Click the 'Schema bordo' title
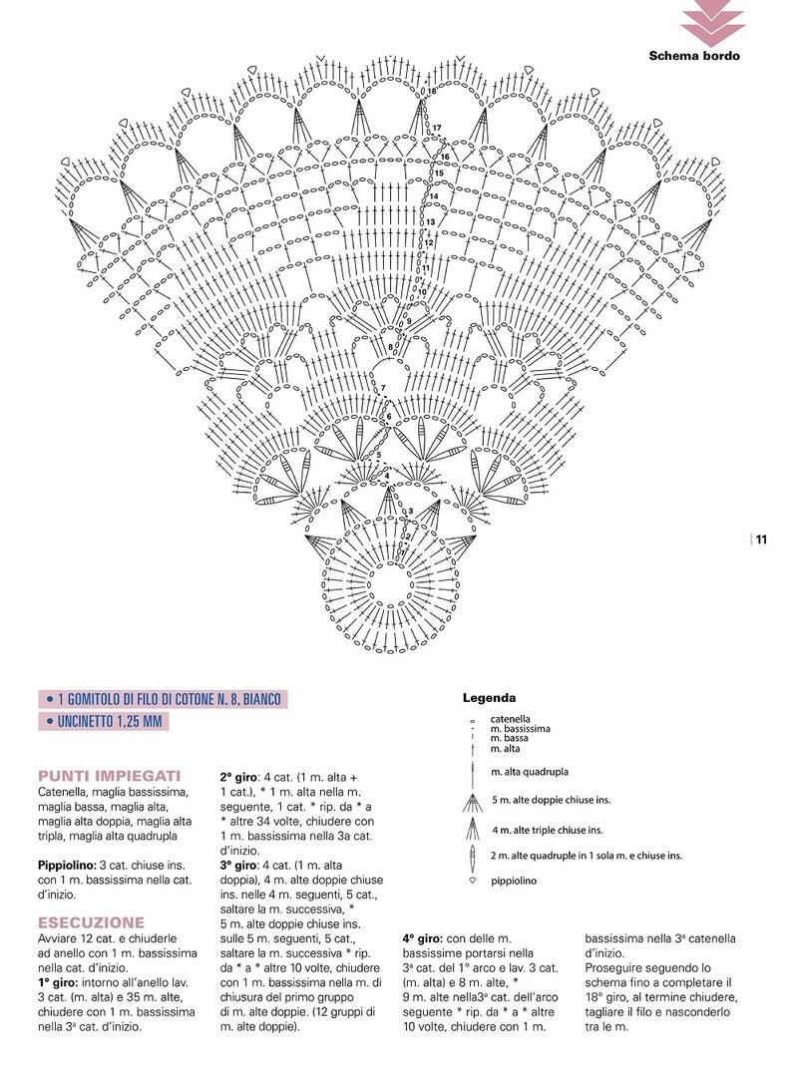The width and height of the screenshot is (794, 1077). (694, 56)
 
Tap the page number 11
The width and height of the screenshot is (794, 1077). (761, 540)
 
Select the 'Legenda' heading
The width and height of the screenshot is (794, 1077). (489, 698)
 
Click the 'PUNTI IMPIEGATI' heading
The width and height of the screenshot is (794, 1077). (109, 775)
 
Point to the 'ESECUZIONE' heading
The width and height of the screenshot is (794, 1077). (91, 922)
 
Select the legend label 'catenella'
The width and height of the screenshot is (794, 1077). (510, 718)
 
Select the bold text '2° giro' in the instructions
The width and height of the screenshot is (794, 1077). (239, 776)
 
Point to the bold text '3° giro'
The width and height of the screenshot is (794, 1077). (239, 865)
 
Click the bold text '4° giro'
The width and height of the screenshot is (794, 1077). (422, 938)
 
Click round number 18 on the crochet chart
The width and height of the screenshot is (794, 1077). (431, 92)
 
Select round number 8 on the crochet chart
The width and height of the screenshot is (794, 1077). (390, 347)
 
